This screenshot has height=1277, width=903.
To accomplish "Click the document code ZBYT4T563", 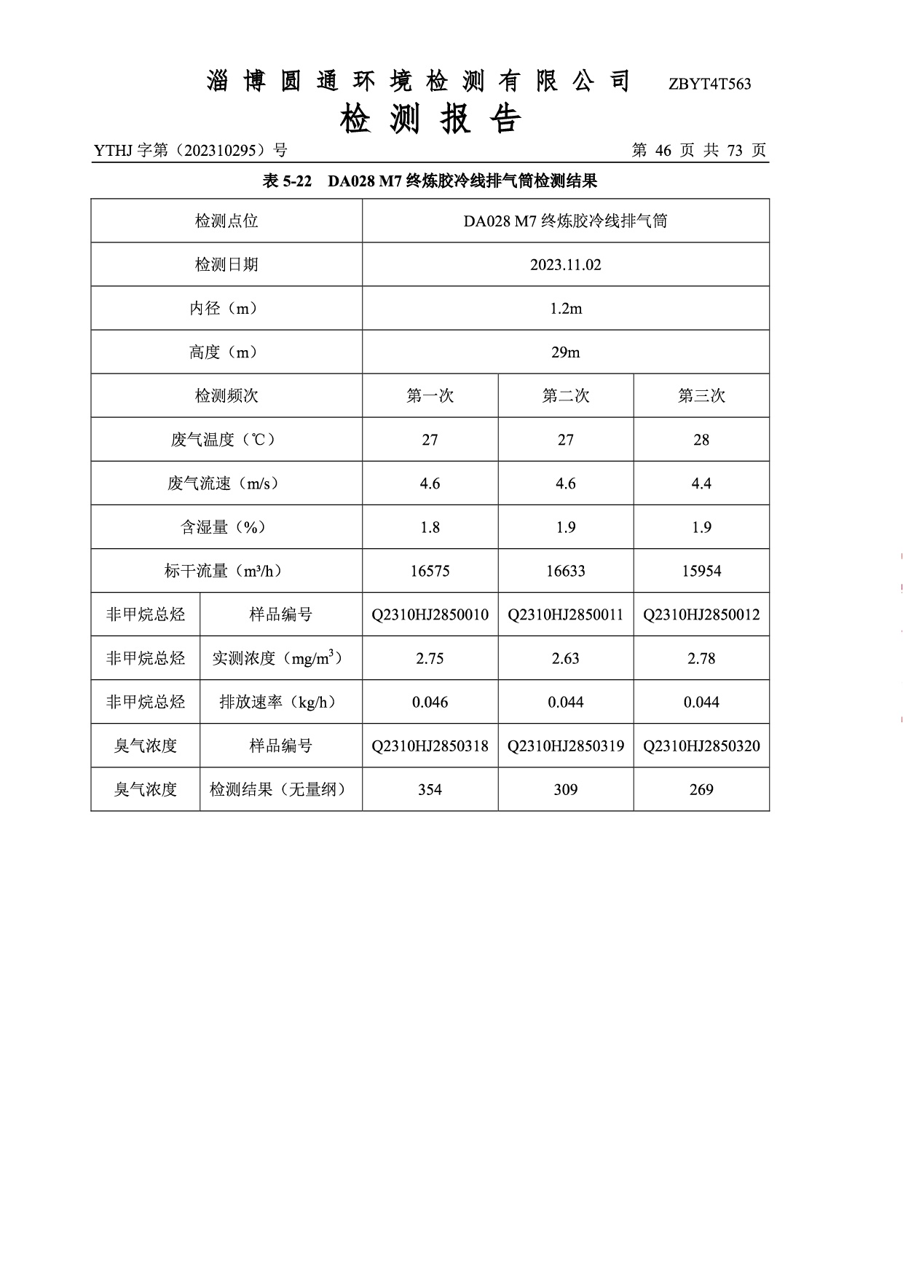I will click(709, 84).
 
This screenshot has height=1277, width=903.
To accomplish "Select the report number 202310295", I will click(219, 151).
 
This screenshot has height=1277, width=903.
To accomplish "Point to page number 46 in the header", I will click(663, 151).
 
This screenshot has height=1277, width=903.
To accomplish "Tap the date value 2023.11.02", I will click(565, 265).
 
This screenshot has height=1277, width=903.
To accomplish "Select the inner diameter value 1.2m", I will click(565, 309).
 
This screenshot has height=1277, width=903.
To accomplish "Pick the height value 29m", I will click(565, 352).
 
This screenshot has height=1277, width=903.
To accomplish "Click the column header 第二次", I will click(565, 396).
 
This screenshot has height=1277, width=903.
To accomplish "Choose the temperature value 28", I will click(701, 440).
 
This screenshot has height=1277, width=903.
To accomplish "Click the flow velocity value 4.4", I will click(701, 483).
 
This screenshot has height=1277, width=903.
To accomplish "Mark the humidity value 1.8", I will click(430, 527).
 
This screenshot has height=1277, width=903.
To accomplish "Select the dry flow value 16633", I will click(565, 571).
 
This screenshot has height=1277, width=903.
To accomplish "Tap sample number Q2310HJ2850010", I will click(430, 614).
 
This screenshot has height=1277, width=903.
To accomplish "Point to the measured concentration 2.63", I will click(565, 658).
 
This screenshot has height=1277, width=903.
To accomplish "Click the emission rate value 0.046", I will click(430, 702).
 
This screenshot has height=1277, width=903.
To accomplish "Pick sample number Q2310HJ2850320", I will click(701, 746).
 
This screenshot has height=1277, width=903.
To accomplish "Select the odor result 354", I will click(430, 789).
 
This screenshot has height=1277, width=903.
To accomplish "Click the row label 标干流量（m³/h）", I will click(226, 571).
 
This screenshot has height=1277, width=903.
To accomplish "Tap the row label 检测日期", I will click(226, 265).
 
